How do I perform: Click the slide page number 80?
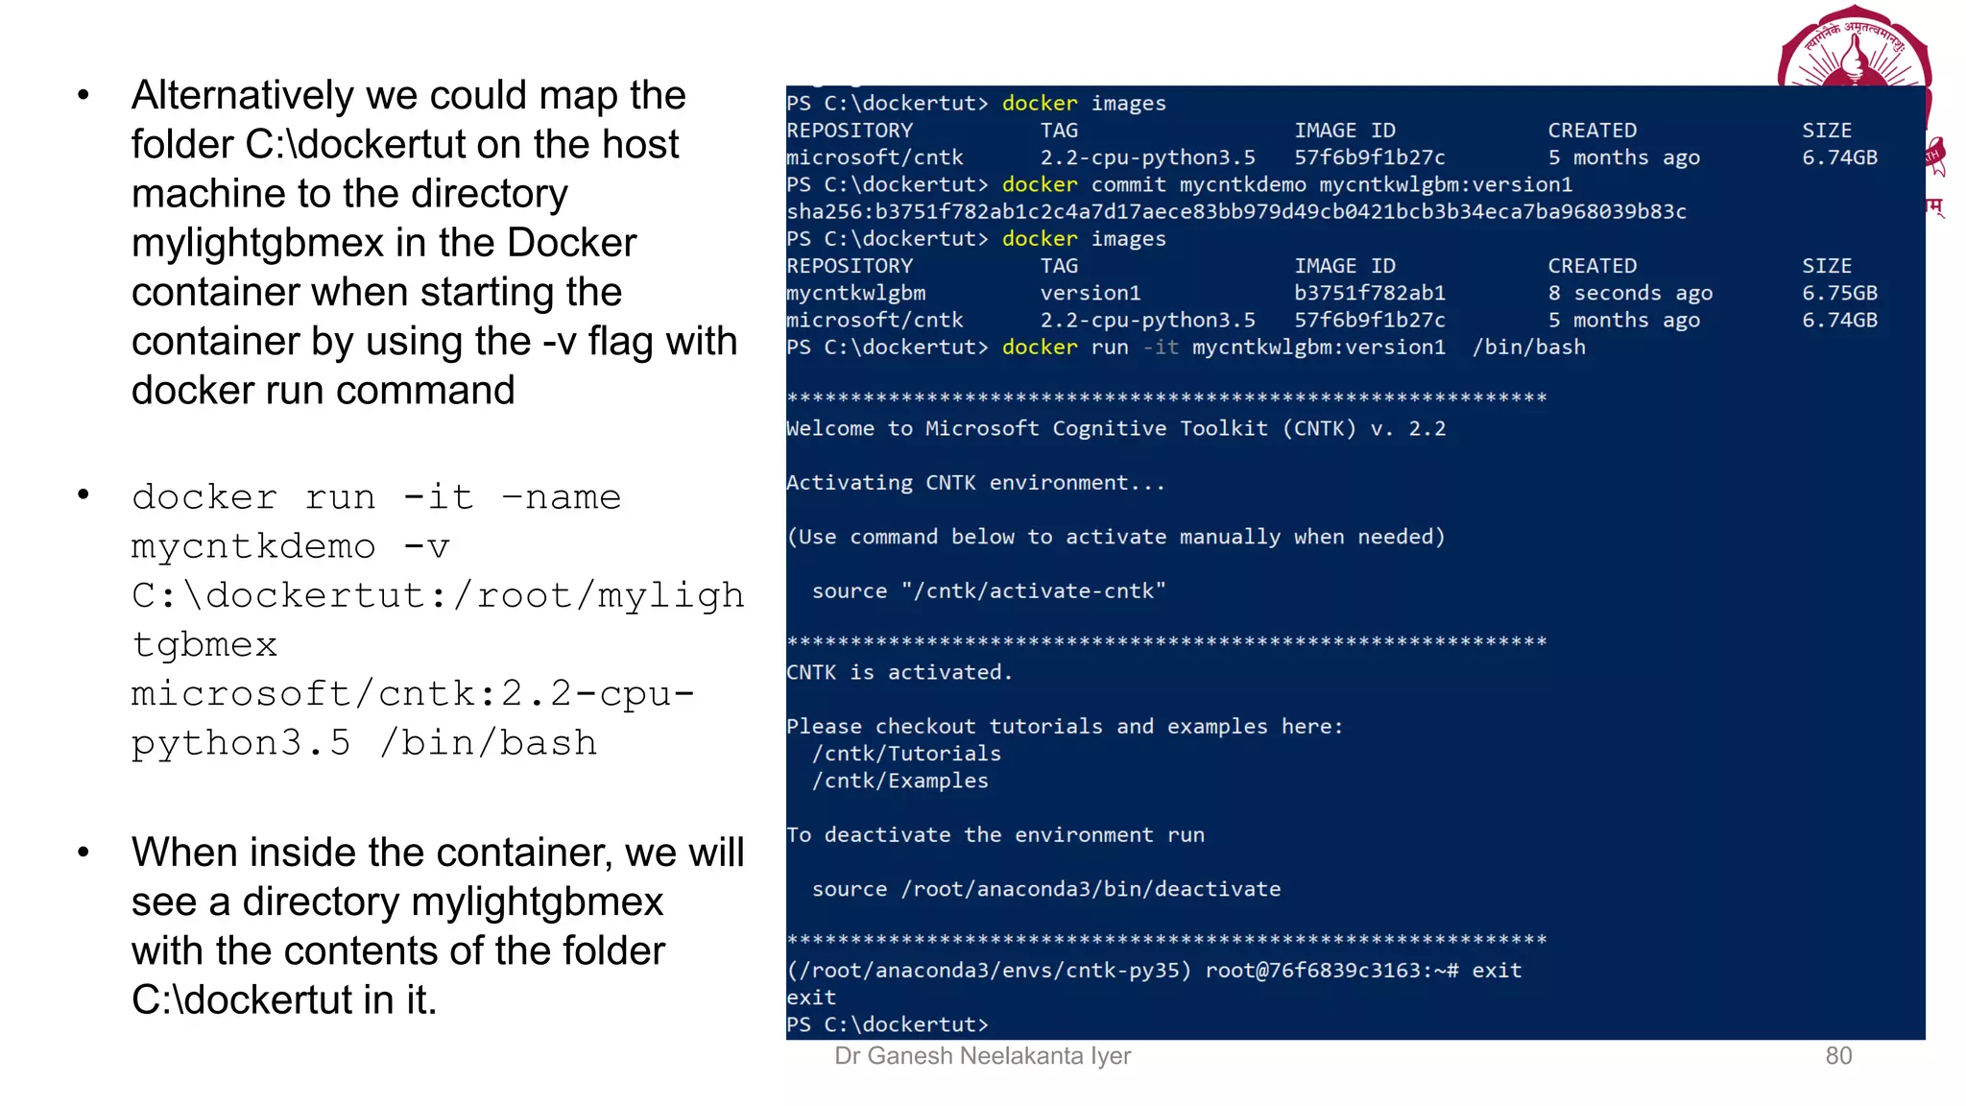tap(1837, 1056)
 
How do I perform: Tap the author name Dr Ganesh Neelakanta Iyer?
tap(982, 1056)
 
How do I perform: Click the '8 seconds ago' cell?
tap(1629, 293)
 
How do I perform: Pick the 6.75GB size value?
tap(1838, 293)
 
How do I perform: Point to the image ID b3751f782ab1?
tap(1369, 293)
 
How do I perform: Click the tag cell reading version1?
tap(1090, 293)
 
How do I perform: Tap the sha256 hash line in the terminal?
tap(1235, 211)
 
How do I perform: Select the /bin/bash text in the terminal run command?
tap(1528, 348)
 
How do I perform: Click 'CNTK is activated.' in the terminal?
tap(899, 672)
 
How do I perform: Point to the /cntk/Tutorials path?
tap(906, 754)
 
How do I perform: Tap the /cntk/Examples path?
tap(899, 781)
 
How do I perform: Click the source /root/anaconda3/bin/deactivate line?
tap(1045, 889)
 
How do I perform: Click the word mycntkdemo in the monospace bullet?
tap(253, 546)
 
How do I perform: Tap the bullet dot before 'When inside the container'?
tap(84, 852)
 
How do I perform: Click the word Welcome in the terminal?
tap(829, 428)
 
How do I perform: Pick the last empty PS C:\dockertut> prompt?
tap(886, 1024)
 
